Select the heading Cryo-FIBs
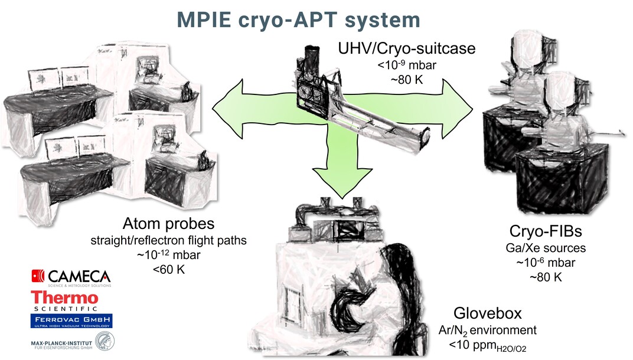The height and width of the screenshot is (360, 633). click(x=541, y=231)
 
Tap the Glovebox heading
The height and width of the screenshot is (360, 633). click(x=488, y=313)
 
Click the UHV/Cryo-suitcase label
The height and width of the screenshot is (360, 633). click(x=406, y=48)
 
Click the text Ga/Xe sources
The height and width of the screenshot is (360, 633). click(x=541, y=248)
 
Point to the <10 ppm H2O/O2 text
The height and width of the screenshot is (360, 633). click(x=488, y=345)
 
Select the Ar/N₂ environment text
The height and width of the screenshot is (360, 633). click(x=488, y=330)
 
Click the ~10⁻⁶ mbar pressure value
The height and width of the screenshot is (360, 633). click(x=541, y=263)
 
